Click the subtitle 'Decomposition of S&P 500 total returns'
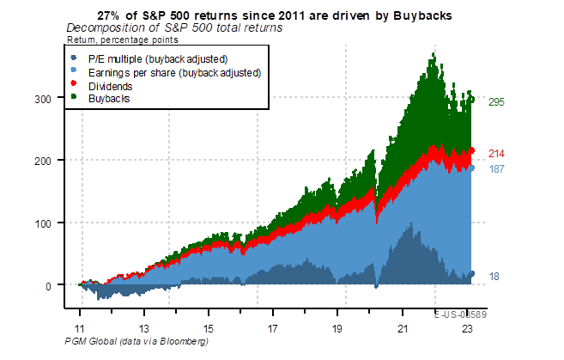174,28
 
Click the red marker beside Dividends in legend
74,86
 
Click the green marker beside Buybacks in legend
74,100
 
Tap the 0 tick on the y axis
53,285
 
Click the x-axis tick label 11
80,329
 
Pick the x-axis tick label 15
209,329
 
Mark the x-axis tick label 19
337,329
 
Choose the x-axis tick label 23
467,329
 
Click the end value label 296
496,102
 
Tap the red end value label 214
496,154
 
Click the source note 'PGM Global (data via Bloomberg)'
136,342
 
